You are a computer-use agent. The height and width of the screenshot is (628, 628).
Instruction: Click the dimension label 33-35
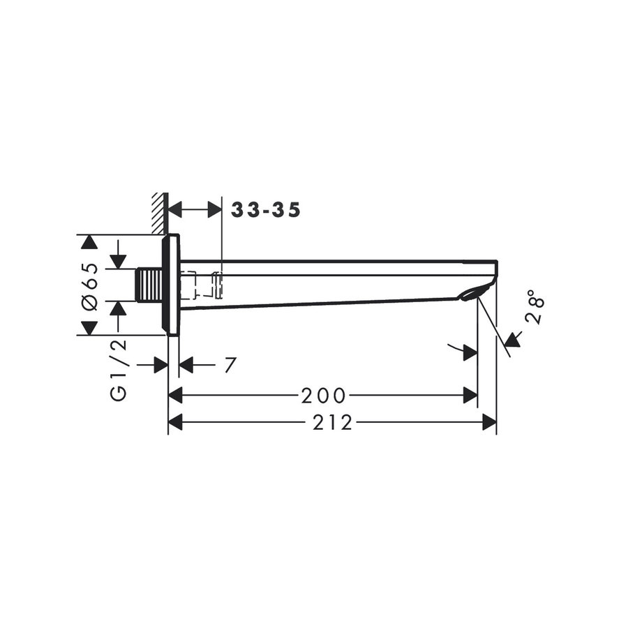(x=266, y=210)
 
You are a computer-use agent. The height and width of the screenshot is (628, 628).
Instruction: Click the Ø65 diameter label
(x=89, y=286)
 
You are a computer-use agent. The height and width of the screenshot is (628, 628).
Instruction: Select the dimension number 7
(x=230, y=365)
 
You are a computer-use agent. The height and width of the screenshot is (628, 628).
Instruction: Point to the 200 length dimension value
(x=323, y=396)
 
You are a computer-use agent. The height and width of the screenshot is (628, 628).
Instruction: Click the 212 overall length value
(x=333, y=423)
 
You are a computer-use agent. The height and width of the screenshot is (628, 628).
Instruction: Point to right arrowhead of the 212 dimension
(x=489, y=422)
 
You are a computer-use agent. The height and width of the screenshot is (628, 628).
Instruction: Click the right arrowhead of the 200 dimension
(x=470, y=396)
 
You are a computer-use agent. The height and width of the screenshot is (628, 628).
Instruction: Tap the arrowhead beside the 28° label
(x=513, y=341)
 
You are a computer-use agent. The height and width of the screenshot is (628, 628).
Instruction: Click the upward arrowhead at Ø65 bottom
(x=88, y=327)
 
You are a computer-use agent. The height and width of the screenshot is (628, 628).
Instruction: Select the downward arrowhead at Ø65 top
(x=88, y=243)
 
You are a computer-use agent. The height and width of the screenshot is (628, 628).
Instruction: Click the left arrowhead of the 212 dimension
(x=175, y=422)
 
